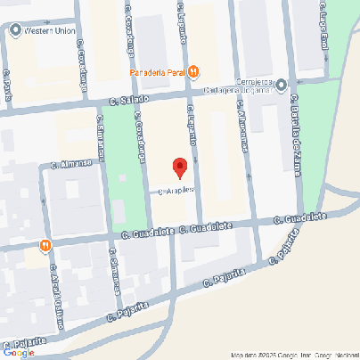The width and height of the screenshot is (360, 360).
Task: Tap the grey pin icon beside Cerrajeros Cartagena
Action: tap(282, 86)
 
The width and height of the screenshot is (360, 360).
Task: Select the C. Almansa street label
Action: tap(71, 163)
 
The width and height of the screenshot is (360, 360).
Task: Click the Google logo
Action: tap(19, 352)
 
